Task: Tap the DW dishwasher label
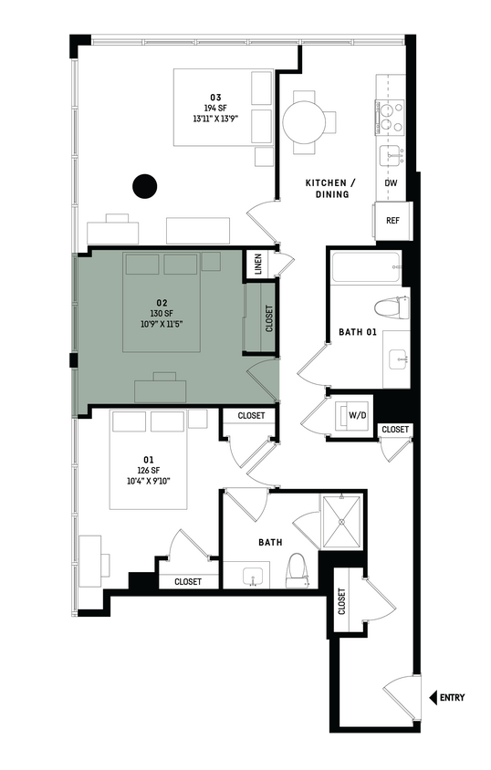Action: (x=391, y=183)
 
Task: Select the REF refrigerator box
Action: (x=392, y=221)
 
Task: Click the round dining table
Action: (x=302, y=119)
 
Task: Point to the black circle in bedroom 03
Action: (x=143, y=186)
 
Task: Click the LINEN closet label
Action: (x=258, y=265)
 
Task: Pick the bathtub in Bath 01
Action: (x=366, y=268)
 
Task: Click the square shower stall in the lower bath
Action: (x=340, y=521)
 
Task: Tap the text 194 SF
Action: (x=216, y=108)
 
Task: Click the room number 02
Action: (x=162, y=301)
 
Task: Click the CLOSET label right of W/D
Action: (x=395, y=430)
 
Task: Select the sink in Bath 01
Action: (x=400, y=359)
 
